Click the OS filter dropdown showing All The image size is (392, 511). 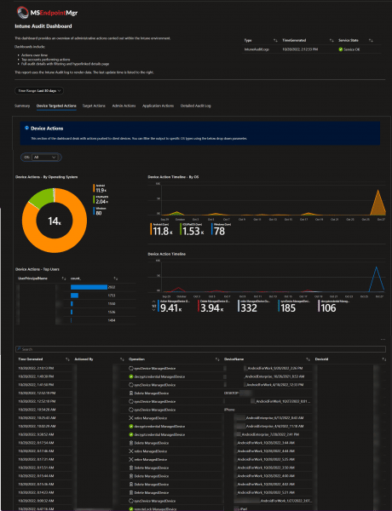pos(30,158)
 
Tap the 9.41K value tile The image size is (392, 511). pos(164,307)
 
